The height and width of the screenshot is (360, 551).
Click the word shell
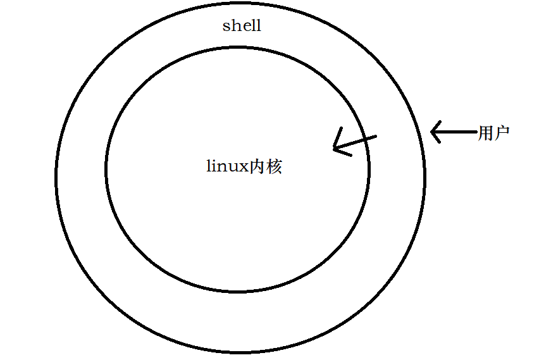tap(242, 26)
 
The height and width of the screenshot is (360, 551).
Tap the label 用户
tap(494, 133)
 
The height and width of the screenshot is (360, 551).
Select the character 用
tap(486, 133)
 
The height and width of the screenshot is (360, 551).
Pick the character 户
tap(502, 133)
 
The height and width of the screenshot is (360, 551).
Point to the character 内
tap(257, 167)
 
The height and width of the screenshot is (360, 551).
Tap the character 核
tap(273, 167)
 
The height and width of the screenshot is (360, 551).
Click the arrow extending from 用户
tap(453, 132)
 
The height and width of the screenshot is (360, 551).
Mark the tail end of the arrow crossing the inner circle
tap(376, 136)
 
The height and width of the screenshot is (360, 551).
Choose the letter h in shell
tap(233, 26)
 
